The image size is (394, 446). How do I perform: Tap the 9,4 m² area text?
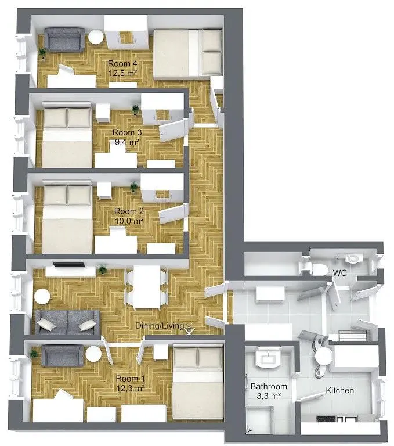[126, 141]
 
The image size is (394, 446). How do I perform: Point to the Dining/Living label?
[160, 326]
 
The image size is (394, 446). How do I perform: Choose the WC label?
[340, 272]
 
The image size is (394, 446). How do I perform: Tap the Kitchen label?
[339, 390]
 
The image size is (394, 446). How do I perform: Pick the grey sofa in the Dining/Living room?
[67, 321]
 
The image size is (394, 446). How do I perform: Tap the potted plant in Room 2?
[134, 187]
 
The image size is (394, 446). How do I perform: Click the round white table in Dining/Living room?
[42, 297]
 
